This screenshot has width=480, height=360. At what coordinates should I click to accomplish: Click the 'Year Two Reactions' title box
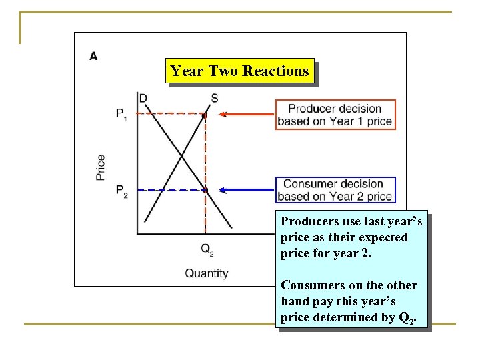[x=239, y=71]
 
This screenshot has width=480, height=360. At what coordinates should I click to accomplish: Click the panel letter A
[x=93, y=55]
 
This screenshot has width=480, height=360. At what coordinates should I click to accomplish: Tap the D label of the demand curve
[x=143, y=99]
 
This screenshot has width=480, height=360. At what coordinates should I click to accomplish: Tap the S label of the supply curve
[x=214, y=99]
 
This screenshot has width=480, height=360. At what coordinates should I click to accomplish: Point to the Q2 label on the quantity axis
[x=207, y=249]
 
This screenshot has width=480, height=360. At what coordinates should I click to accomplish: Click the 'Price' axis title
[x=100, y=167]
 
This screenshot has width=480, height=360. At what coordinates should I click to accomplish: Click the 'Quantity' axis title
[x=206, y=273]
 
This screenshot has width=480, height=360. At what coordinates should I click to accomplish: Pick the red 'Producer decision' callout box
[x=335, y=115]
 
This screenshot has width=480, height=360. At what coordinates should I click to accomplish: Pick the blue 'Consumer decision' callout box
[x=335, y=190]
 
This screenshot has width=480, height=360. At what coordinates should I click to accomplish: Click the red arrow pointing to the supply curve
[x=247, y=114]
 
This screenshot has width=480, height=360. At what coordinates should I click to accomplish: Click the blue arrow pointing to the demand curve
[x=247, y=191]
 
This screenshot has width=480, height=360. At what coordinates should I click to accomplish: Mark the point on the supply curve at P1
[x=205, y=115]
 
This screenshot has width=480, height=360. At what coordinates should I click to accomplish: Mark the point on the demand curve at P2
[x=205, y=191]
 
